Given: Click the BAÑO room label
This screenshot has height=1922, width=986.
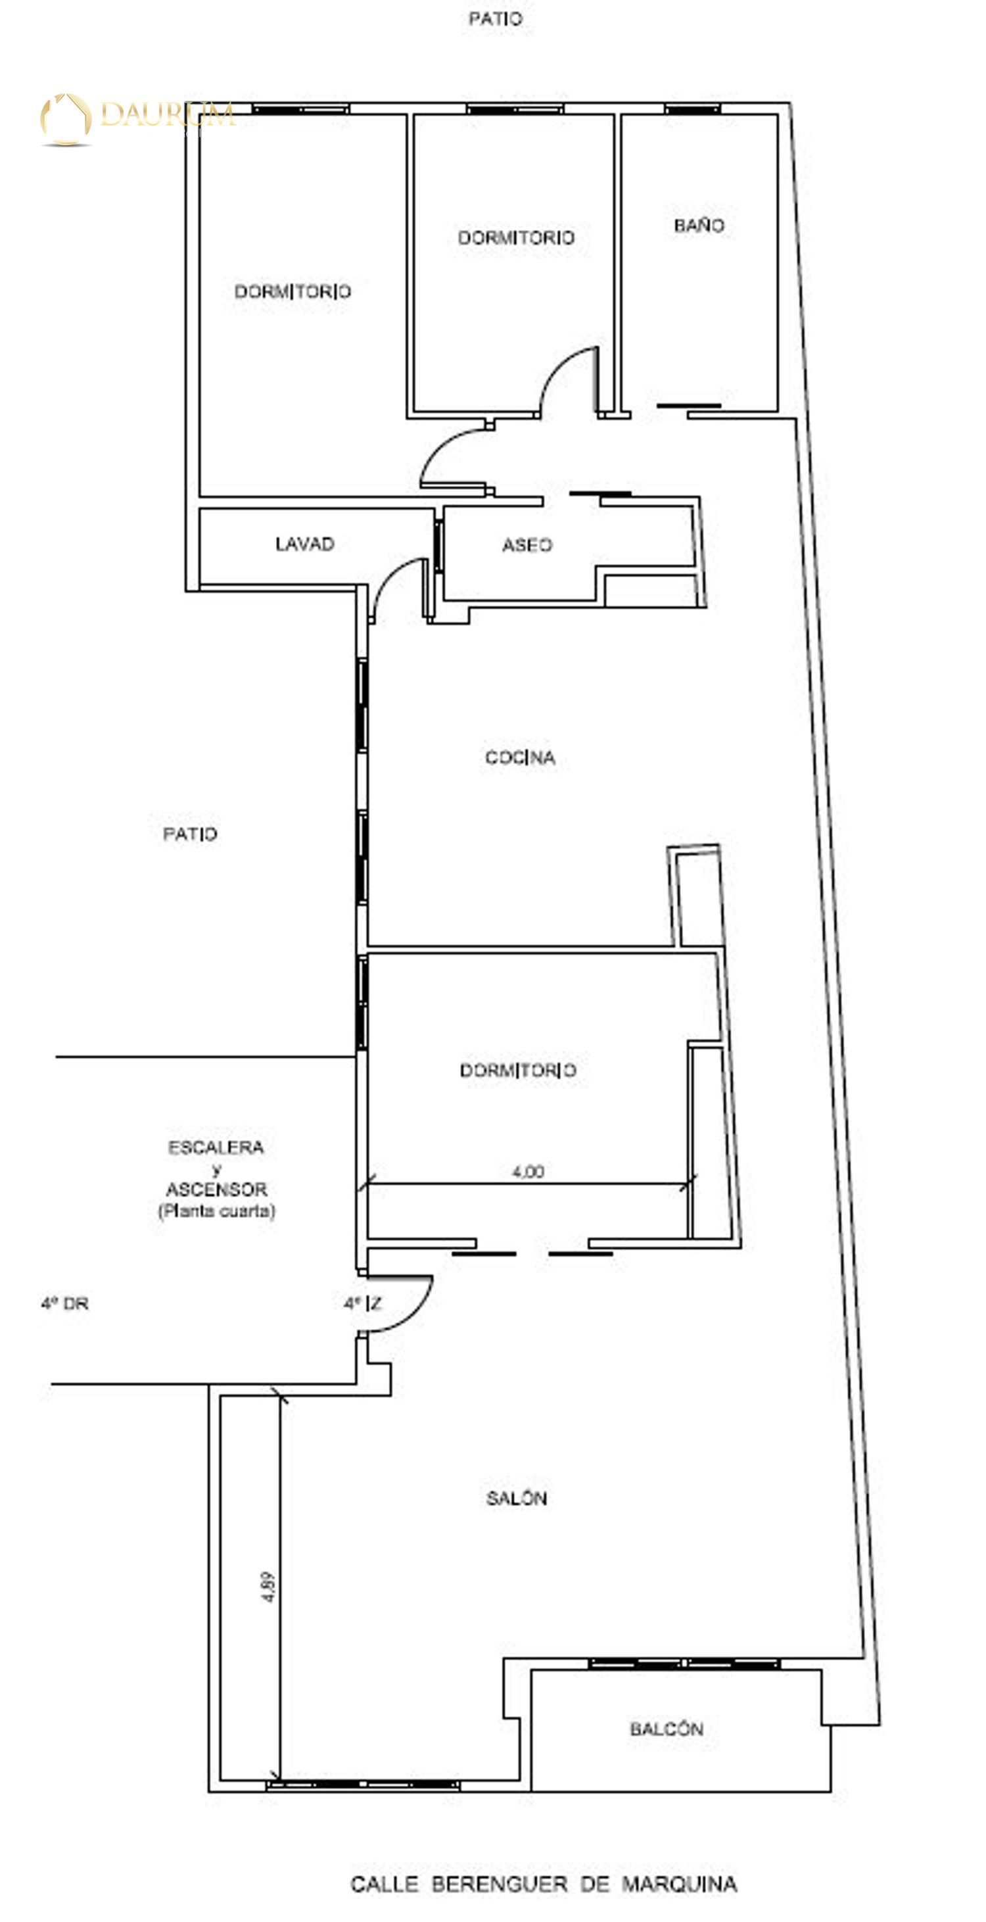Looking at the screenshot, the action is pos(699,226).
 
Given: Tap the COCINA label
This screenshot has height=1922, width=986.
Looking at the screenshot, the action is pos(520,758).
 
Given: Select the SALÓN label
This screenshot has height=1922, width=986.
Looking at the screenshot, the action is pos(517,1497).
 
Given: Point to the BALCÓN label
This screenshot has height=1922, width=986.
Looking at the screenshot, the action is pos(667,1728).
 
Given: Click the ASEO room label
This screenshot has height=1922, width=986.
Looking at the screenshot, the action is pos(527,545).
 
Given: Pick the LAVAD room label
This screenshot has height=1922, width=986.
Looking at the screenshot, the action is pos(305,544).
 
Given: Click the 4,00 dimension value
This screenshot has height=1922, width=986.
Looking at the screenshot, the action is pos(528,1171).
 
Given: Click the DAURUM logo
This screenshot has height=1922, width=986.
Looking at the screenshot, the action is pos(138,118).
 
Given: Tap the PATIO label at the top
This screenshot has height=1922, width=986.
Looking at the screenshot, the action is pos(495,18).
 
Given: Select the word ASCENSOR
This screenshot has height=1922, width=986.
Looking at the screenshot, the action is pos(216,1189).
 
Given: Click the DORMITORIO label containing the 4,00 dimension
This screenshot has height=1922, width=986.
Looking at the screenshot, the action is pos(517,1070).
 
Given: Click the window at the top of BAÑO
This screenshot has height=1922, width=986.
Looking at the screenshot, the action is pos(692,109).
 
